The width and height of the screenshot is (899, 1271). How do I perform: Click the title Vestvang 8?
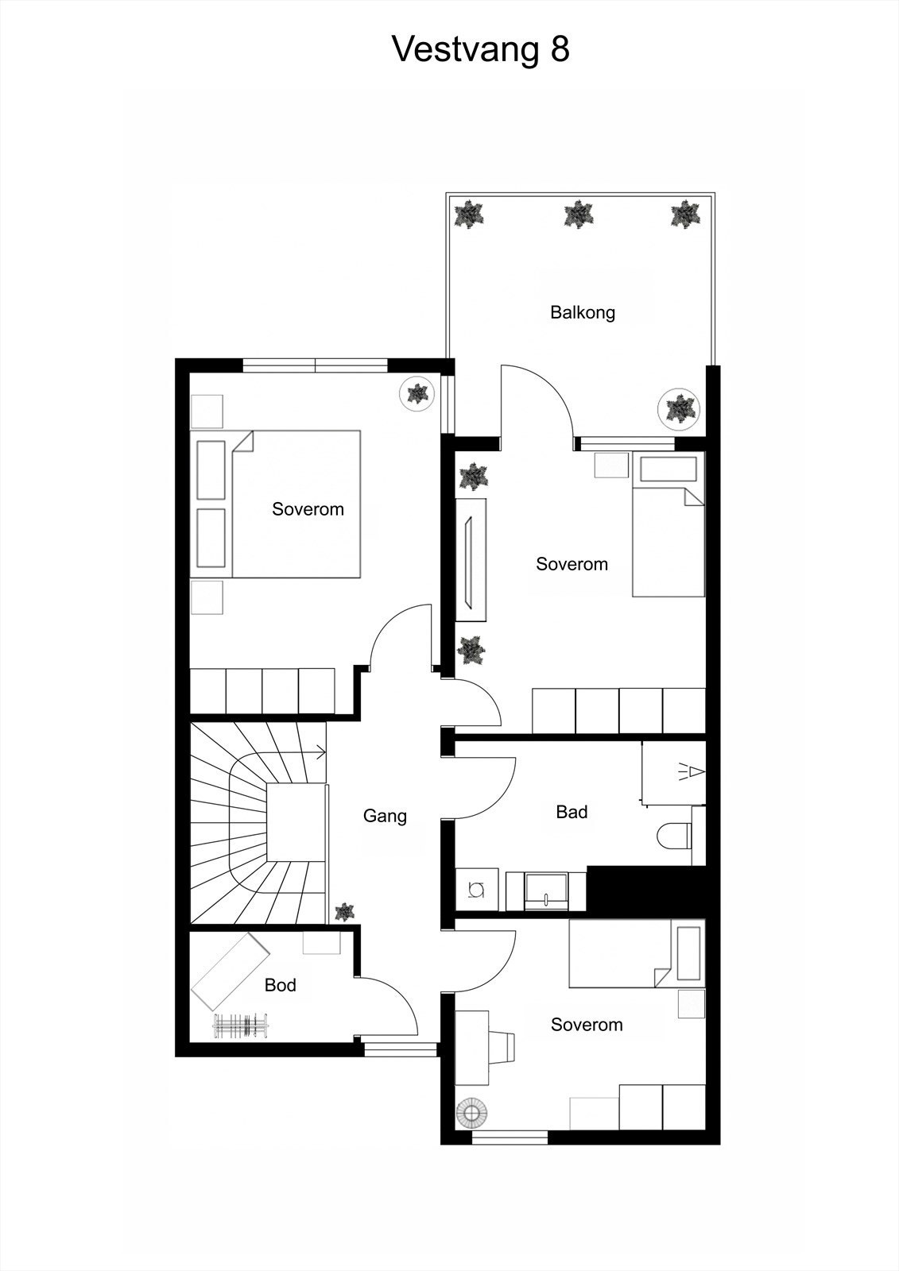click(481, 49)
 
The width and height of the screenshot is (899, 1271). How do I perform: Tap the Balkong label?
click(583, 312)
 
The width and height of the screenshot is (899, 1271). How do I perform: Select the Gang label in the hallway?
click(385, 816)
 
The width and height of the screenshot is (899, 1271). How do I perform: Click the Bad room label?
click(572, 812)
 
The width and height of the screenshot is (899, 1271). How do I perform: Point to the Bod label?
click(280, 985)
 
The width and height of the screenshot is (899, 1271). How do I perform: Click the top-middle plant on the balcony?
click(578, 214)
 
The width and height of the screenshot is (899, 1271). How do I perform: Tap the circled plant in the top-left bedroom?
click(417, 392)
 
